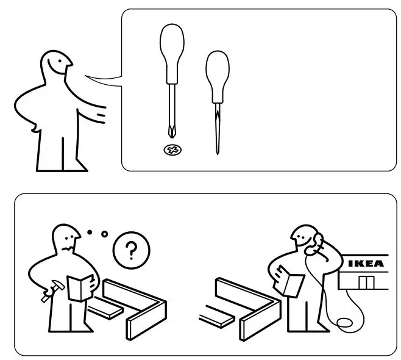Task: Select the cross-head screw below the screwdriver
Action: pyautogui.click(x=173, y=149)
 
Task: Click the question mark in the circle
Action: pyautogui.click(x=130, y=250)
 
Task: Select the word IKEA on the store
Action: pyautogui.click(x=366, y=264)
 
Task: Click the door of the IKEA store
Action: pyautogui.click(x=367, y=283)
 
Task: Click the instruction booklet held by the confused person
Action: pyautogui.click(x=79, y=287)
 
